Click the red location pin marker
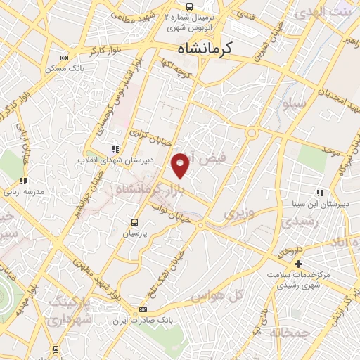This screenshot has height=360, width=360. pyautogui.click(x=181, y=165)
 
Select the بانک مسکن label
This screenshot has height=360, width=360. pyautogui.click(x=63, y=69)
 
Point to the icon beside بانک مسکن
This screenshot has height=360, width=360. pyautogui.click(x=64, y=58)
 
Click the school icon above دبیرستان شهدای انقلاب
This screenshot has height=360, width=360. pyautogui.click(x=115, y=149)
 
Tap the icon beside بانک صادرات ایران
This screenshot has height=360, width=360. pyautogui.click(x=143, y=309)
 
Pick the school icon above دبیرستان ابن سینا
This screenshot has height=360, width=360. pyautogui.click(x=319, y=193)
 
